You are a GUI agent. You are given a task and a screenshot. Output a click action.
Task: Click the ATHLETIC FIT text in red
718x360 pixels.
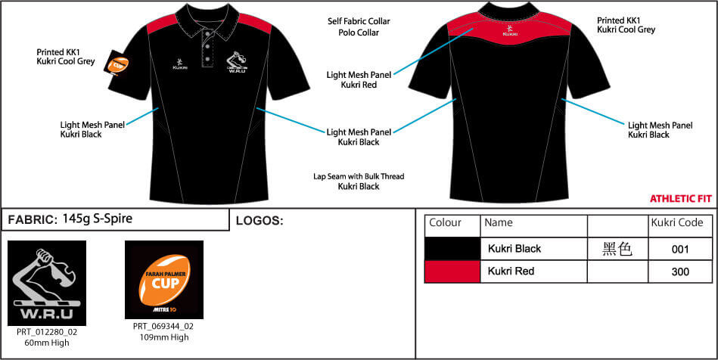[x=680, y=199]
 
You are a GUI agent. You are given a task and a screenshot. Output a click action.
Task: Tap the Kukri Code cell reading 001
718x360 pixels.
[x=680, y=249]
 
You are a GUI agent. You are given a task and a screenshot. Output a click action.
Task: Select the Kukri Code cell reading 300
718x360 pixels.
[x=680, y=272]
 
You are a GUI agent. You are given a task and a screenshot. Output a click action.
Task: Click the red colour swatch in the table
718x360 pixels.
[x=452, y=272]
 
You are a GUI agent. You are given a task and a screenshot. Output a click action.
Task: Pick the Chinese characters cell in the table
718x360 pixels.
[x=617, y=249]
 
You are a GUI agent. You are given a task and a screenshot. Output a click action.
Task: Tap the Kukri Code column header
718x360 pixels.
[x=677, y=222]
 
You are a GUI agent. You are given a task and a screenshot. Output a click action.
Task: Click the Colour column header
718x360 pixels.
[x=445, y=222]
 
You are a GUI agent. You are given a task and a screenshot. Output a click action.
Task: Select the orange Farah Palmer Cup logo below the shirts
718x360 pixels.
[x=164, y=280]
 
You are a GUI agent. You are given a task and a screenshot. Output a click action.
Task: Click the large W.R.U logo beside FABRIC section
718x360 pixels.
[x=47, y=283]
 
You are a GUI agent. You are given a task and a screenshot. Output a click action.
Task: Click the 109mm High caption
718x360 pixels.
[x=163, y=337]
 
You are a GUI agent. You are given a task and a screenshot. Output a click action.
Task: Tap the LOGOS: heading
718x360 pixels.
[x=260, y=221]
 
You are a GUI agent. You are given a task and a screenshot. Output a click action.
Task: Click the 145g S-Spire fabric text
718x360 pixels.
[x=97, y=219]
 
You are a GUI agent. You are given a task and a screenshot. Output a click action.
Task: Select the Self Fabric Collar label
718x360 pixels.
[x=359, y=21]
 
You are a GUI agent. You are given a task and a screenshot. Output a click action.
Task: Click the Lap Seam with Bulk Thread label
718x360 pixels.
[x=359, y=176]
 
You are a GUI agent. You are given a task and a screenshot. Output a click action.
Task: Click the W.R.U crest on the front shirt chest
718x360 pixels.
[x=238, y=61]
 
